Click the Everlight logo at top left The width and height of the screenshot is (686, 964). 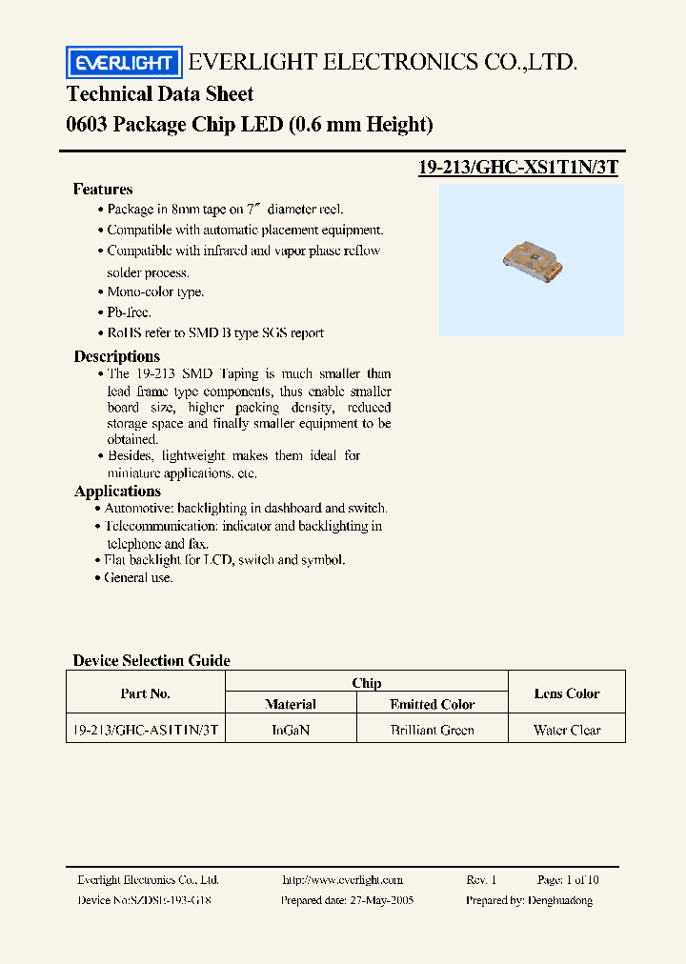(123, 63)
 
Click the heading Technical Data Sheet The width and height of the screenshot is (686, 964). (160, 94)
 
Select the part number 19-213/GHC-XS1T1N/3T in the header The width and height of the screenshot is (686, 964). (518, 168)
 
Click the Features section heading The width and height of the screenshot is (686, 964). (103, 190)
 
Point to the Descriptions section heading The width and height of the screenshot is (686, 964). (117, 356)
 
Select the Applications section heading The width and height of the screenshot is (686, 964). (117, 492)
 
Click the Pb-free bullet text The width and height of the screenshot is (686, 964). (129, 312)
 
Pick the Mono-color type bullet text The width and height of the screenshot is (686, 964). (155, 292)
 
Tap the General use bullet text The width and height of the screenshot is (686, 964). (139, 578)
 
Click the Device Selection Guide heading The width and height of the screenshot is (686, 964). (151, 660)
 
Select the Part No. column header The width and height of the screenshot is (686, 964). (146, 693)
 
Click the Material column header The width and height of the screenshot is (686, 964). (291, 705)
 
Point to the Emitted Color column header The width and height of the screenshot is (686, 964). (433, 705)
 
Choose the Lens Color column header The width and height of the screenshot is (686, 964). (567, 693)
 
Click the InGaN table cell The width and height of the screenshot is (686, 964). (291, 731)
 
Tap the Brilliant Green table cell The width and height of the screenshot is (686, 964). (433, 731)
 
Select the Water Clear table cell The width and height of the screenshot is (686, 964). (567, 731)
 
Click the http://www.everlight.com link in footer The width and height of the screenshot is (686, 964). (343, 880)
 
